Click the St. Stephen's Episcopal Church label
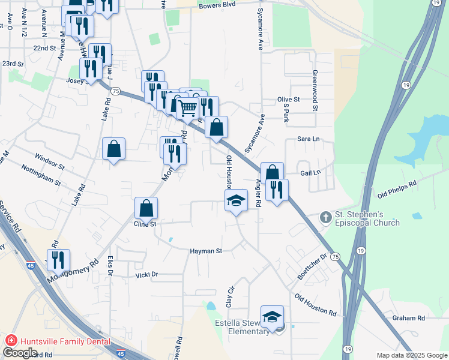[367, 219]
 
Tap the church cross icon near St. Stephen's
[325, 217]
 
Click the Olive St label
[288, 100]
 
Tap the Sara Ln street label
[308, 139]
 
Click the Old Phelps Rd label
[397, 190]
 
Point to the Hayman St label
[206, 251]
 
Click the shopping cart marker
[188, 108]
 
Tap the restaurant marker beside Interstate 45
[58, 260]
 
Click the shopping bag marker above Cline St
[146, 208]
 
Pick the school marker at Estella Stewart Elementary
[272, 317]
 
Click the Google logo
[20, 353]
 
